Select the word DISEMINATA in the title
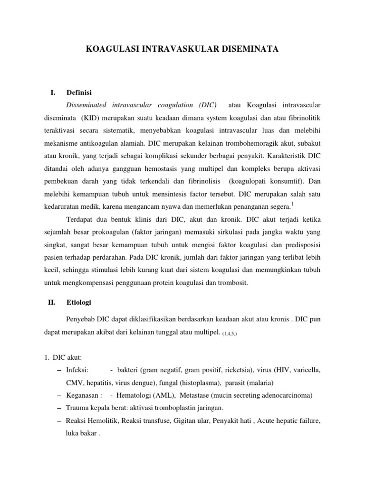(250, 48)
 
